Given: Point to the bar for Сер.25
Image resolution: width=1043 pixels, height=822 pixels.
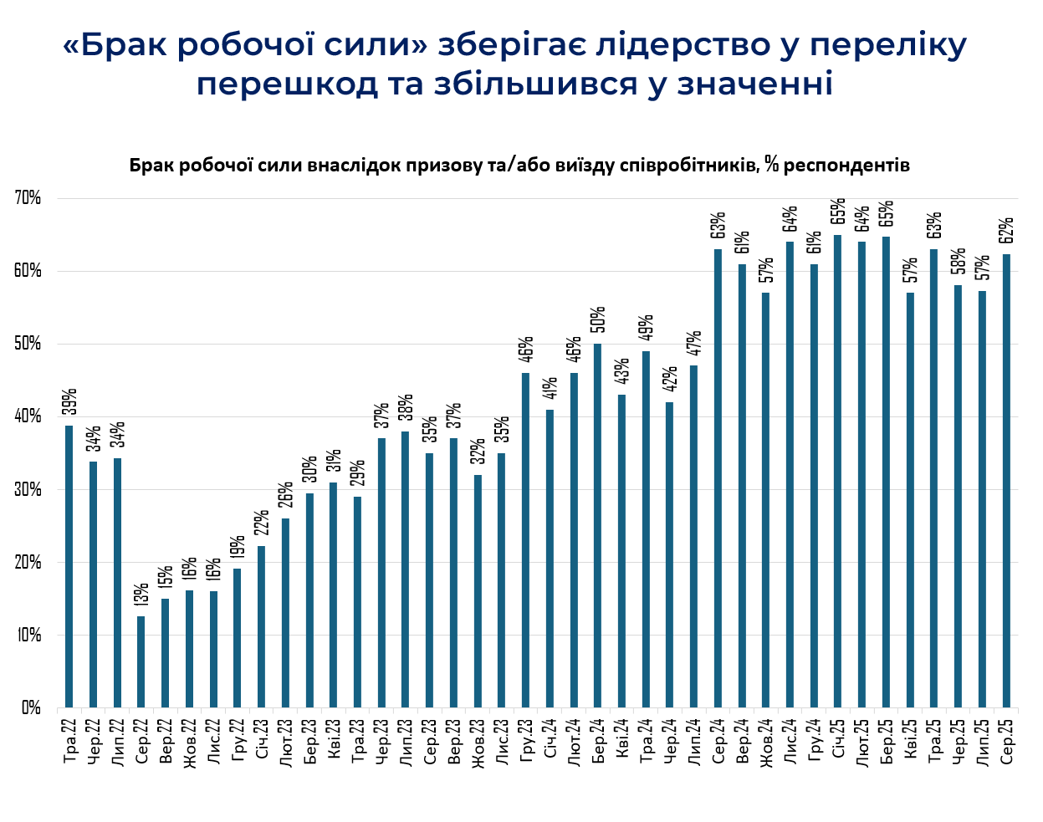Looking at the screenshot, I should tap(1006, 481).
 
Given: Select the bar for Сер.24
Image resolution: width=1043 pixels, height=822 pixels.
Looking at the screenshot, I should tap(718, 477).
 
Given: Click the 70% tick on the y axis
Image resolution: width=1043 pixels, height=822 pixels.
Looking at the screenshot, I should tap(28, 198).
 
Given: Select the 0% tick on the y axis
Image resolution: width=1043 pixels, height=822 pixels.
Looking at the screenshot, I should tap(31, 707).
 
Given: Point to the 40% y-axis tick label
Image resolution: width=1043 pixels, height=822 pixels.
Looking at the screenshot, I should tap(28, 416).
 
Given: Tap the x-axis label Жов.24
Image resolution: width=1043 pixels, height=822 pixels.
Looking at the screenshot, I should tap(765, 739).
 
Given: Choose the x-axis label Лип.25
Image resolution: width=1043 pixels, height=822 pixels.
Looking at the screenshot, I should tap(982, 738).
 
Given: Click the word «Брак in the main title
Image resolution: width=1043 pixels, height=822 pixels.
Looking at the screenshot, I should tap(113, 45).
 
